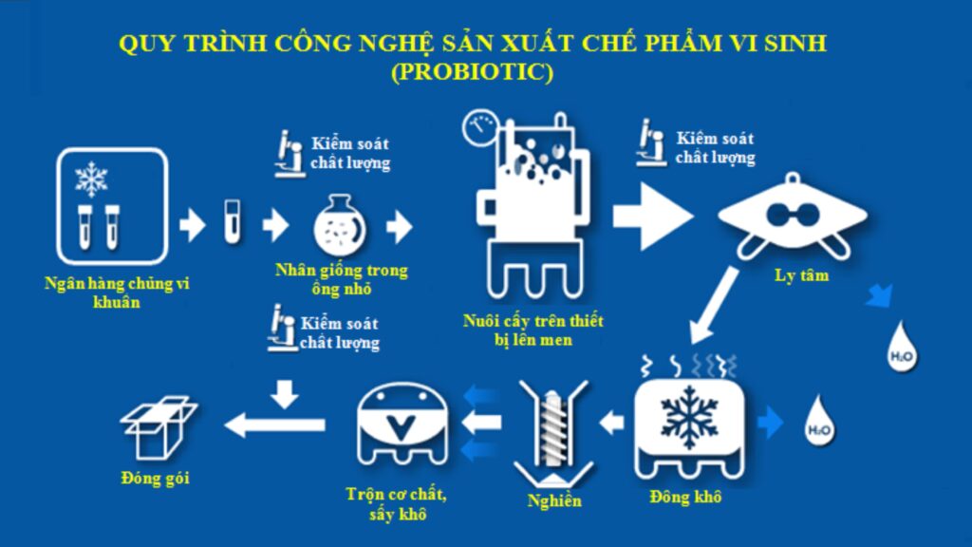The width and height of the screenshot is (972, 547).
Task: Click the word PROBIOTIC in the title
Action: point(472,71)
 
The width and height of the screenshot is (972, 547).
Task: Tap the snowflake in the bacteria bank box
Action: point(91,179)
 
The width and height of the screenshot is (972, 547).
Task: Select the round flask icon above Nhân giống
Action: point(340,225)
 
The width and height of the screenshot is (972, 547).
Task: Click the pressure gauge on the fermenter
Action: point(479,128)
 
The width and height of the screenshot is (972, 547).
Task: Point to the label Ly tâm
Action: point(801,275)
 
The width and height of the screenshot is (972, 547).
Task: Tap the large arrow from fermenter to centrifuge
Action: point(653,217)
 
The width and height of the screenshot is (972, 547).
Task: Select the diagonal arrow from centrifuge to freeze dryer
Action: point(714,305)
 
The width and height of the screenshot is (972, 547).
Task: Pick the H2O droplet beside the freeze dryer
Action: point(819,421)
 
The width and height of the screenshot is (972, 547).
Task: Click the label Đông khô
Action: point(685,497)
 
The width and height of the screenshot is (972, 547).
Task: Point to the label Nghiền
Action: point(554,500)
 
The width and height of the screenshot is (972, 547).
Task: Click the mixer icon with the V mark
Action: point(402,424)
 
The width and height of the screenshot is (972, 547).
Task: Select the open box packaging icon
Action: point(159,428)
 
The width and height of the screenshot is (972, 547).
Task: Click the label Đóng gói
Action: point(155,479)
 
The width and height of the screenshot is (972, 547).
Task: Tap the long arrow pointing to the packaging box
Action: point(274,424)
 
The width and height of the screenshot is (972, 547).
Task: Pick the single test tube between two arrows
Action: point(232,221)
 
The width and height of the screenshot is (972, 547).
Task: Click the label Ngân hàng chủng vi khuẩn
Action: point(117,292)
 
